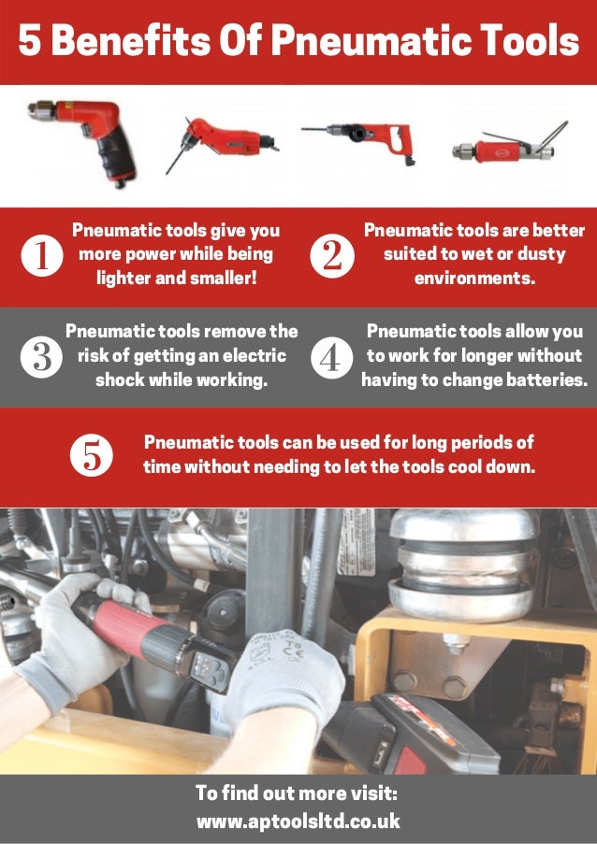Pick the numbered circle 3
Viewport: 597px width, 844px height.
pos(41,357)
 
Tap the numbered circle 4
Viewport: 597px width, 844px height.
pos(330,357)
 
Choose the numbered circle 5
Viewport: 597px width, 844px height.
pos(92,455)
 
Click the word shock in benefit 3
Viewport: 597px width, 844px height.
pos(121,380)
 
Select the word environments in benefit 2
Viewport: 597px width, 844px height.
pos(474,278)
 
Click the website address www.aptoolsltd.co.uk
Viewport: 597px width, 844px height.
pos(298,822)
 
